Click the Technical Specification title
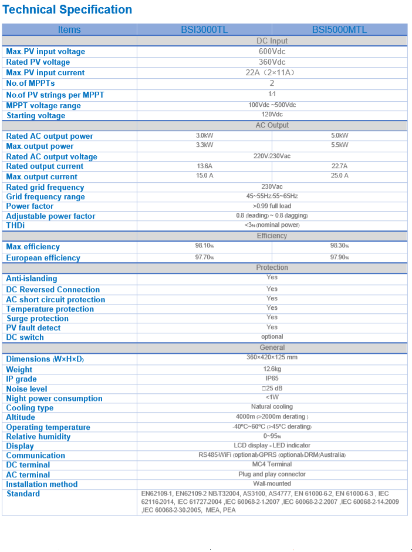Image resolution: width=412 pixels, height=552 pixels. tap(67, 9)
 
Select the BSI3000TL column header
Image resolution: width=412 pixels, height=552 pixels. tap(204, 29)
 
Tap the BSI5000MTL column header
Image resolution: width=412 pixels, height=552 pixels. tap(339, 29)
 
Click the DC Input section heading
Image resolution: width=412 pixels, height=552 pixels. tap(272, 41)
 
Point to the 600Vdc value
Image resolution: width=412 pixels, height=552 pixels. tap(272, 51)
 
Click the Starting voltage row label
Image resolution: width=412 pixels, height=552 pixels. tap(36, 116)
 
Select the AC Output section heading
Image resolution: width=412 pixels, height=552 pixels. tap(272, 125)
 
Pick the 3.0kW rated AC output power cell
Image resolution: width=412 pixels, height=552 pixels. tap(204, 136)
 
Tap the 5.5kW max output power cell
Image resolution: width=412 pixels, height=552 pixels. tap(339, 145)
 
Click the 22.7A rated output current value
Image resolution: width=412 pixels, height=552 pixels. tap(339, 166)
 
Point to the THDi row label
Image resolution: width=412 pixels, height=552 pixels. tap(16, 226)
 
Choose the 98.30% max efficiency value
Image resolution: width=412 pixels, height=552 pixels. tap(339, 246)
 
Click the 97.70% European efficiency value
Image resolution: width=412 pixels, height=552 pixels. tap(204, 257)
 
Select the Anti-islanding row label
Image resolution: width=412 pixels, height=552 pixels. tap(32, 279)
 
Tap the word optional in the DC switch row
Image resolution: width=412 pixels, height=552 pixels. tap(272, 337)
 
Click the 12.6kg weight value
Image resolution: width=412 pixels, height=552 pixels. tap(272, 369)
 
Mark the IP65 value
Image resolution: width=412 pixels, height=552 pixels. tap(272, 379)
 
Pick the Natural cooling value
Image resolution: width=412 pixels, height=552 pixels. tap(272, 407)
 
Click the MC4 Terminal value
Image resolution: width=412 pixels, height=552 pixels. tap(272, 464)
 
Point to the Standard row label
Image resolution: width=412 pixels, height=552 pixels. tap(23, 494)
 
